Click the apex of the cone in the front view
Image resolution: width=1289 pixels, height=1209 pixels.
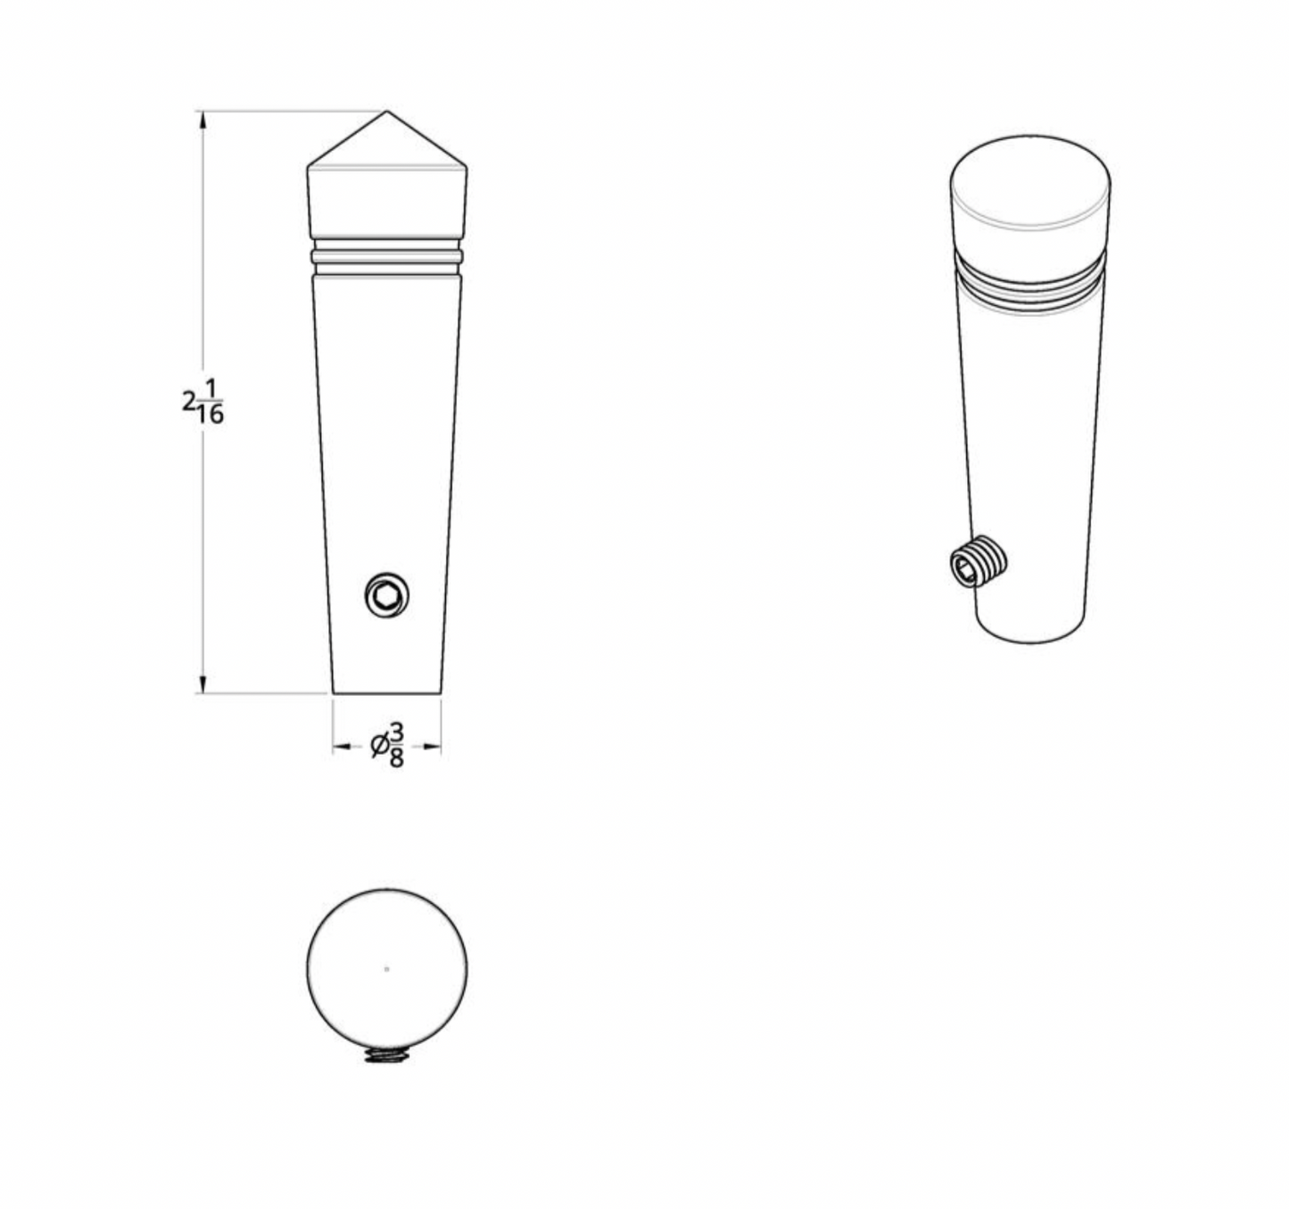(x=387, y=112)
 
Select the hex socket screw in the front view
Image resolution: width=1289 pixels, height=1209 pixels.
(x=387, y=594)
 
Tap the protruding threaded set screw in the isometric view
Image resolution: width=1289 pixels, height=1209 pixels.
(x=979, y=562)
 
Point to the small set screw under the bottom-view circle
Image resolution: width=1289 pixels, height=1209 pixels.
(x=386, y=1056)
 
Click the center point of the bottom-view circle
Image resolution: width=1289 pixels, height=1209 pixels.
(x=386, y=969)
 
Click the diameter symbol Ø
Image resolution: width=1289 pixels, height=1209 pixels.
(x=379, y=746)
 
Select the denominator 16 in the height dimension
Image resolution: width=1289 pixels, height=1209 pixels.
(x=211, y=414)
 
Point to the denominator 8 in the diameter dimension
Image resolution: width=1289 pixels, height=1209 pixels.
(x=396, y=758)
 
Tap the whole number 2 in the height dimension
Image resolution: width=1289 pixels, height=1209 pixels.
(x=188, y=401)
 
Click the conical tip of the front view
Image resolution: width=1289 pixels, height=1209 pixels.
(x=387, y=143)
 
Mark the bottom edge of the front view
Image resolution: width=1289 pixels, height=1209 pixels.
(x=387, y=693)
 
